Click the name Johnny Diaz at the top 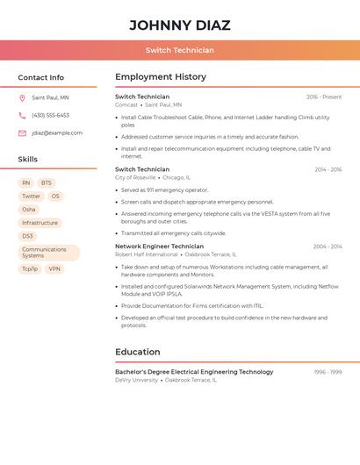pos(179,25)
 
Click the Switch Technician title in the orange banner pos(179,50)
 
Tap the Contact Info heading pos(40,77)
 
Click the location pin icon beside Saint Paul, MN pos(22,97)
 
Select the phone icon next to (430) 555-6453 pos(22,115)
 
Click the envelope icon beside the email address pos(22,133)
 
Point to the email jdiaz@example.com pos(57,133)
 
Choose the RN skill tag pos(26,183)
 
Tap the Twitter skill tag pos(31,197)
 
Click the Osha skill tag pos(29,210)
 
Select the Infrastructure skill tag pos(40,223)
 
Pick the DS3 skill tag pos(27,236)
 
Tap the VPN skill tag pos(54,269)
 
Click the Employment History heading pos(161,77)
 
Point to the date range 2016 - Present pos(324,97)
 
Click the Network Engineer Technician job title pos(159,247)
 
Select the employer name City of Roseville pos(135,177)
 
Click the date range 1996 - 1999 pos(328,372)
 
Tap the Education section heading pos(138,352)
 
